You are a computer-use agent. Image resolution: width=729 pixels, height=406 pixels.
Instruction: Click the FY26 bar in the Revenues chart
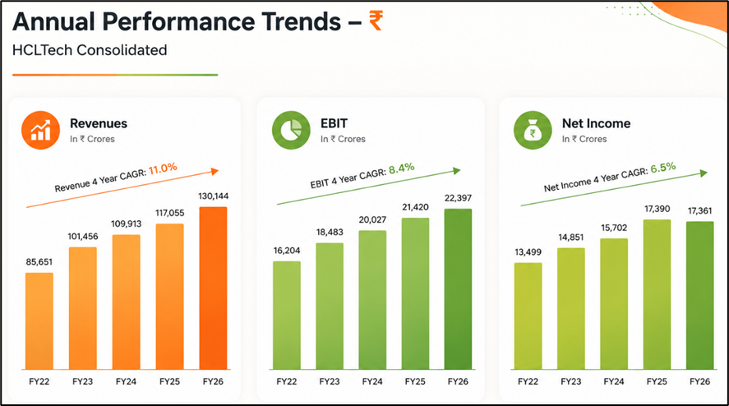(214, 288)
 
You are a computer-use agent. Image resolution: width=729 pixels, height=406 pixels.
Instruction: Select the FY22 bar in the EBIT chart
(287, 316)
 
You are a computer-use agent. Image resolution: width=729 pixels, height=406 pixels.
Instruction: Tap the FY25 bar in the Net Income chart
(657, 294)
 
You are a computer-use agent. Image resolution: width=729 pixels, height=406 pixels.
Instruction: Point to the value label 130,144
(214, 196)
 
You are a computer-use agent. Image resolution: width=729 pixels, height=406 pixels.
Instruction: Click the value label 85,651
(39, 262)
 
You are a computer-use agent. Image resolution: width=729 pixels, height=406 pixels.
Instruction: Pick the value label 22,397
(458, 198)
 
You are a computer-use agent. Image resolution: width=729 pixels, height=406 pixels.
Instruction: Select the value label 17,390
(657, 209)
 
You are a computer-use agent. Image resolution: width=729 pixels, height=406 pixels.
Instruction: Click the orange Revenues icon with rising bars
(40, 130)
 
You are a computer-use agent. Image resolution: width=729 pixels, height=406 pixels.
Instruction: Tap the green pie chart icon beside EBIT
(291, 130)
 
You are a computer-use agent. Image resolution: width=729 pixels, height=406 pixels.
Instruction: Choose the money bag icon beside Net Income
(533, 130)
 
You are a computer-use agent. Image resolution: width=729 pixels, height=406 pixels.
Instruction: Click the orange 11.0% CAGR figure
(163, 168)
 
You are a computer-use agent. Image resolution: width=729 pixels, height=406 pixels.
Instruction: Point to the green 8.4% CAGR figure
(402, 168)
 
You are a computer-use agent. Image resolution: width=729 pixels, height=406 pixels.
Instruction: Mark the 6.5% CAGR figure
(663, 168)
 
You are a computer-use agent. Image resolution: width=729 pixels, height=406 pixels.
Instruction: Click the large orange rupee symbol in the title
(376, 21)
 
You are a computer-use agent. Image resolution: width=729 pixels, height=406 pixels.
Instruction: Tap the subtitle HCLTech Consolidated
(90, 50)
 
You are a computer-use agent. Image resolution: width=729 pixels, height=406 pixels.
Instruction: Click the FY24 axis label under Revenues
(126, 381)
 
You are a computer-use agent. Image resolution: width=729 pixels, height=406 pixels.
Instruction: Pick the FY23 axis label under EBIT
(330, 381)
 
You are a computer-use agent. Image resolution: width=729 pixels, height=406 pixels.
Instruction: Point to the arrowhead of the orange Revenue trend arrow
(215, 171)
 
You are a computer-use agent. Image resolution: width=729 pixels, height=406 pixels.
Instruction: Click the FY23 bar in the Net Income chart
(571, 309)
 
